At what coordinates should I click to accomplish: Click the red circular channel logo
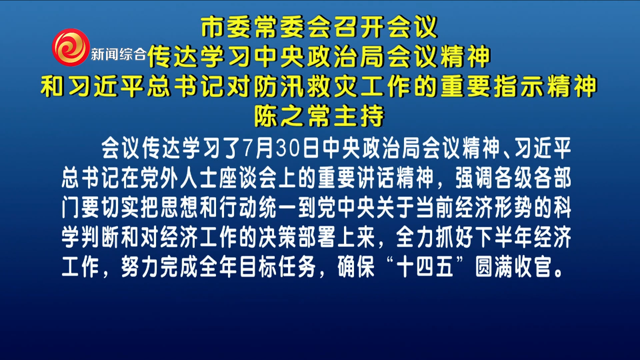71,47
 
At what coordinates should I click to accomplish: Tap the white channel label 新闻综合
119,54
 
